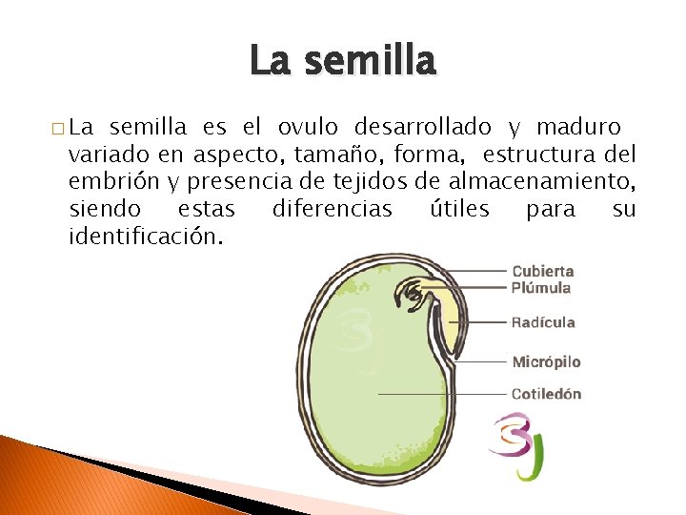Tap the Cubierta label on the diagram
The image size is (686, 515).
tap(542, 271)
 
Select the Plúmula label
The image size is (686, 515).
tap(540, 287)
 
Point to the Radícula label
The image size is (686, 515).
tap(543, 322)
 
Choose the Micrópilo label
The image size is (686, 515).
tap(546, 362)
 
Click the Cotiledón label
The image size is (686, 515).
tap(546, 394)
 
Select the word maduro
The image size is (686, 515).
tap(578, 127)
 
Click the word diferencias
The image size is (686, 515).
tap(332, 208)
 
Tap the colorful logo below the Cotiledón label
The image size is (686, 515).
tap(515, 444)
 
